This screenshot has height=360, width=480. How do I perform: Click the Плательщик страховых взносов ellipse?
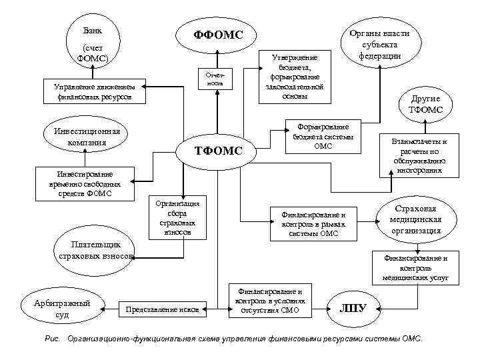coord(97,250)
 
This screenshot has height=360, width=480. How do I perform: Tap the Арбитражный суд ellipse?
coord(62,307)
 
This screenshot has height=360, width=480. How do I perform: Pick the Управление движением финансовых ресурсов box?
coord(93,93)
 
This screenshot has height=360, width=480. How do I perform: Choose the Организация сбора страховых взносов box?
coord(178,217)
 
